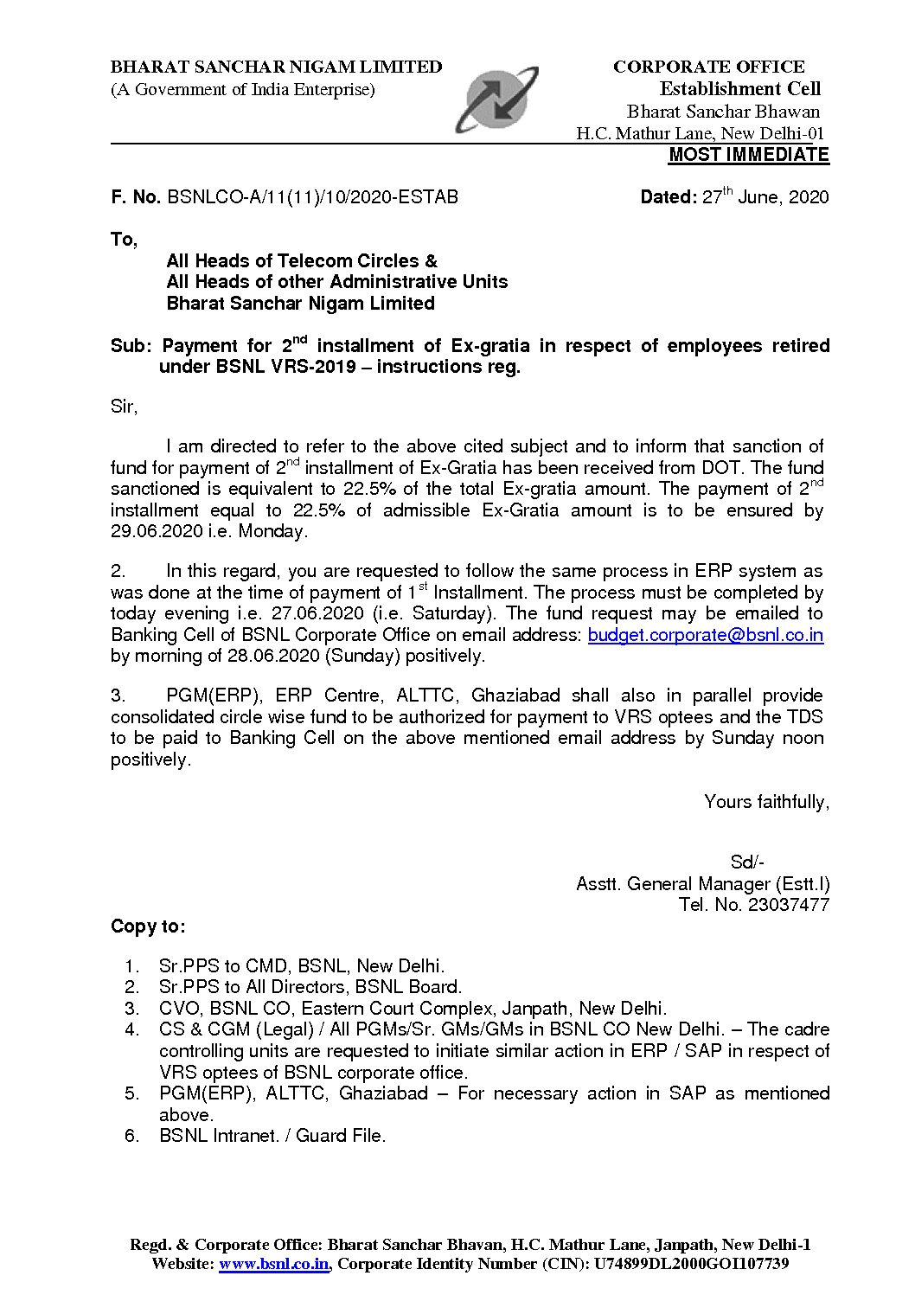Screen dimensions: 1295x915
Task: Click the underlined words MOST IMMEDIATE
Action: coord(748,155)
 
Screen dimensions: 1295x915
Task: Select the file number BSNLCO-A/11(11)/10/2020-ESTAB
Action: coord(312,197)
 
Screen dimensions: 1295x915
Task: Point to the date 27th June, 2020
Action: coord(765,197)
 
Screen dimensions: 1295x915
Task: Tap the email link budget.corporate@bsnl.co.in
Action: coord(705,635)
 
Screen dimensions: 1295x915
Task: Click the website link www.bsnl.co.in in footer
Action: coord(274,1264)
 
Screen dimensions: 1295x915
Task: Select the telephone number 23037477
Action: coord(789,905)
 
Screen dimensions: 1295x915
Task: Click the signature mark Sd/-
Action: coord(747,862)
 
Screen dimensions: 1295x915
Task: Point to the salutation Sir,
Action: coord(124,406)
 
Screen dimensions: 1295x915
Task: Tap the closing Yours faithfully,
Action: coord(766,802)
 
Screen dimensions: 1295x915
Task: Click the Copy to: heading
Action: coord(148,926)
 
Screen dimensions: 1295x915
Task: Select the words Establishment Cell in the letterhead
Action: coord(739,89)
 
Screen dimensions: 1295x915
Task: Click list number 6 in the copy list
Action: coord(131,1136)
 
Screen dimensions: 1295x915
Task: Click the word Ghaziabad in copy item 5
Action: coord(383,1093)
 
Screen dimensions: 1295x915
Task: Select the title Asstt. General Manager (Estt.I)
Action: coord(702,883)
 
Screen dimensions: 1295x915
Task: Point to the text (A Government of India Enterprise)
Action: coord(242,89)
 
